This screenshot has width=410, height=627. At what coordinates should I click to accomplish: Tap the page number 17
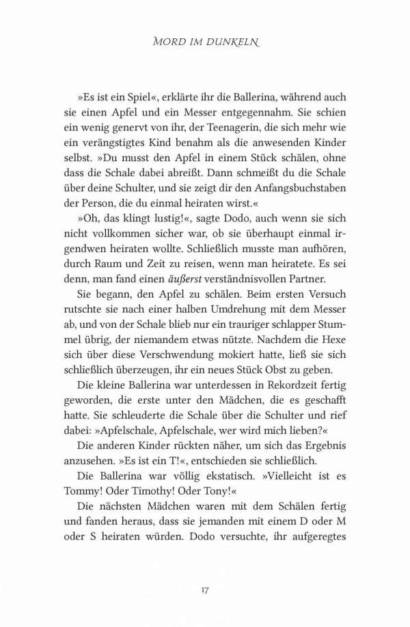(205, 589)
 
